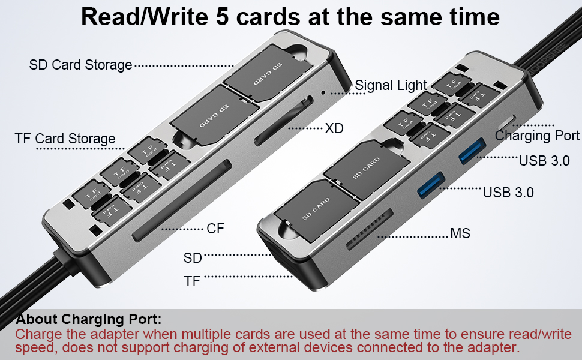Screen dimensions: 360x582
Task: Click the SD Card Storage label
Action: click(x=80, y=65)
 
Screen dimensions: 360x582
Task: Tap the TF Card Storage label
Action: click(x=65, y=139)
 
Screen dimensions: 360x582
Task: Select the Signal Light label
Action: click(x=391, y=86)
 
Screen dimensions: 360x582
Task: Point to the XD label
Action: click(x=334, y=128)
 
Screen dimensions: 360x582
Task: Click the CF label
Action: click(x=215, y=229)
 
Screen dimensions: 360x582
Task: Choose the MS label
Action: click(x=460, y=233)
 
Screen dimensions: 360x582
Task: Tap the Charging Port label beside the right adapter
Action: click(x=537, y=136)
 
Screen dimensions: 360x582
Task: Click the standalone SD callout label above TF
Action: click(x=193, y=258)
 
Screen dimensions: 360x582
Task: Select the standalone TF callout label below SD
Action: click(x=193, y=280)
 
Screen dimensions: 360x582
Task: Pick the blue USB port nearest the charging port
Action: click(x=472, y=150)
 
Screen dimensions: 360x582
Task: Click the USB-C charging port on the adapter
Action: click(x=514, y=121)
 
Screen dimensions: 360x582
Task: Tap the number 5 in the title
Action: click(x=222, y=17)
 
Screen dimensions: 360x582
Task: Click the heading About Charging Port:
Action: click(x=89, y=319)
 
